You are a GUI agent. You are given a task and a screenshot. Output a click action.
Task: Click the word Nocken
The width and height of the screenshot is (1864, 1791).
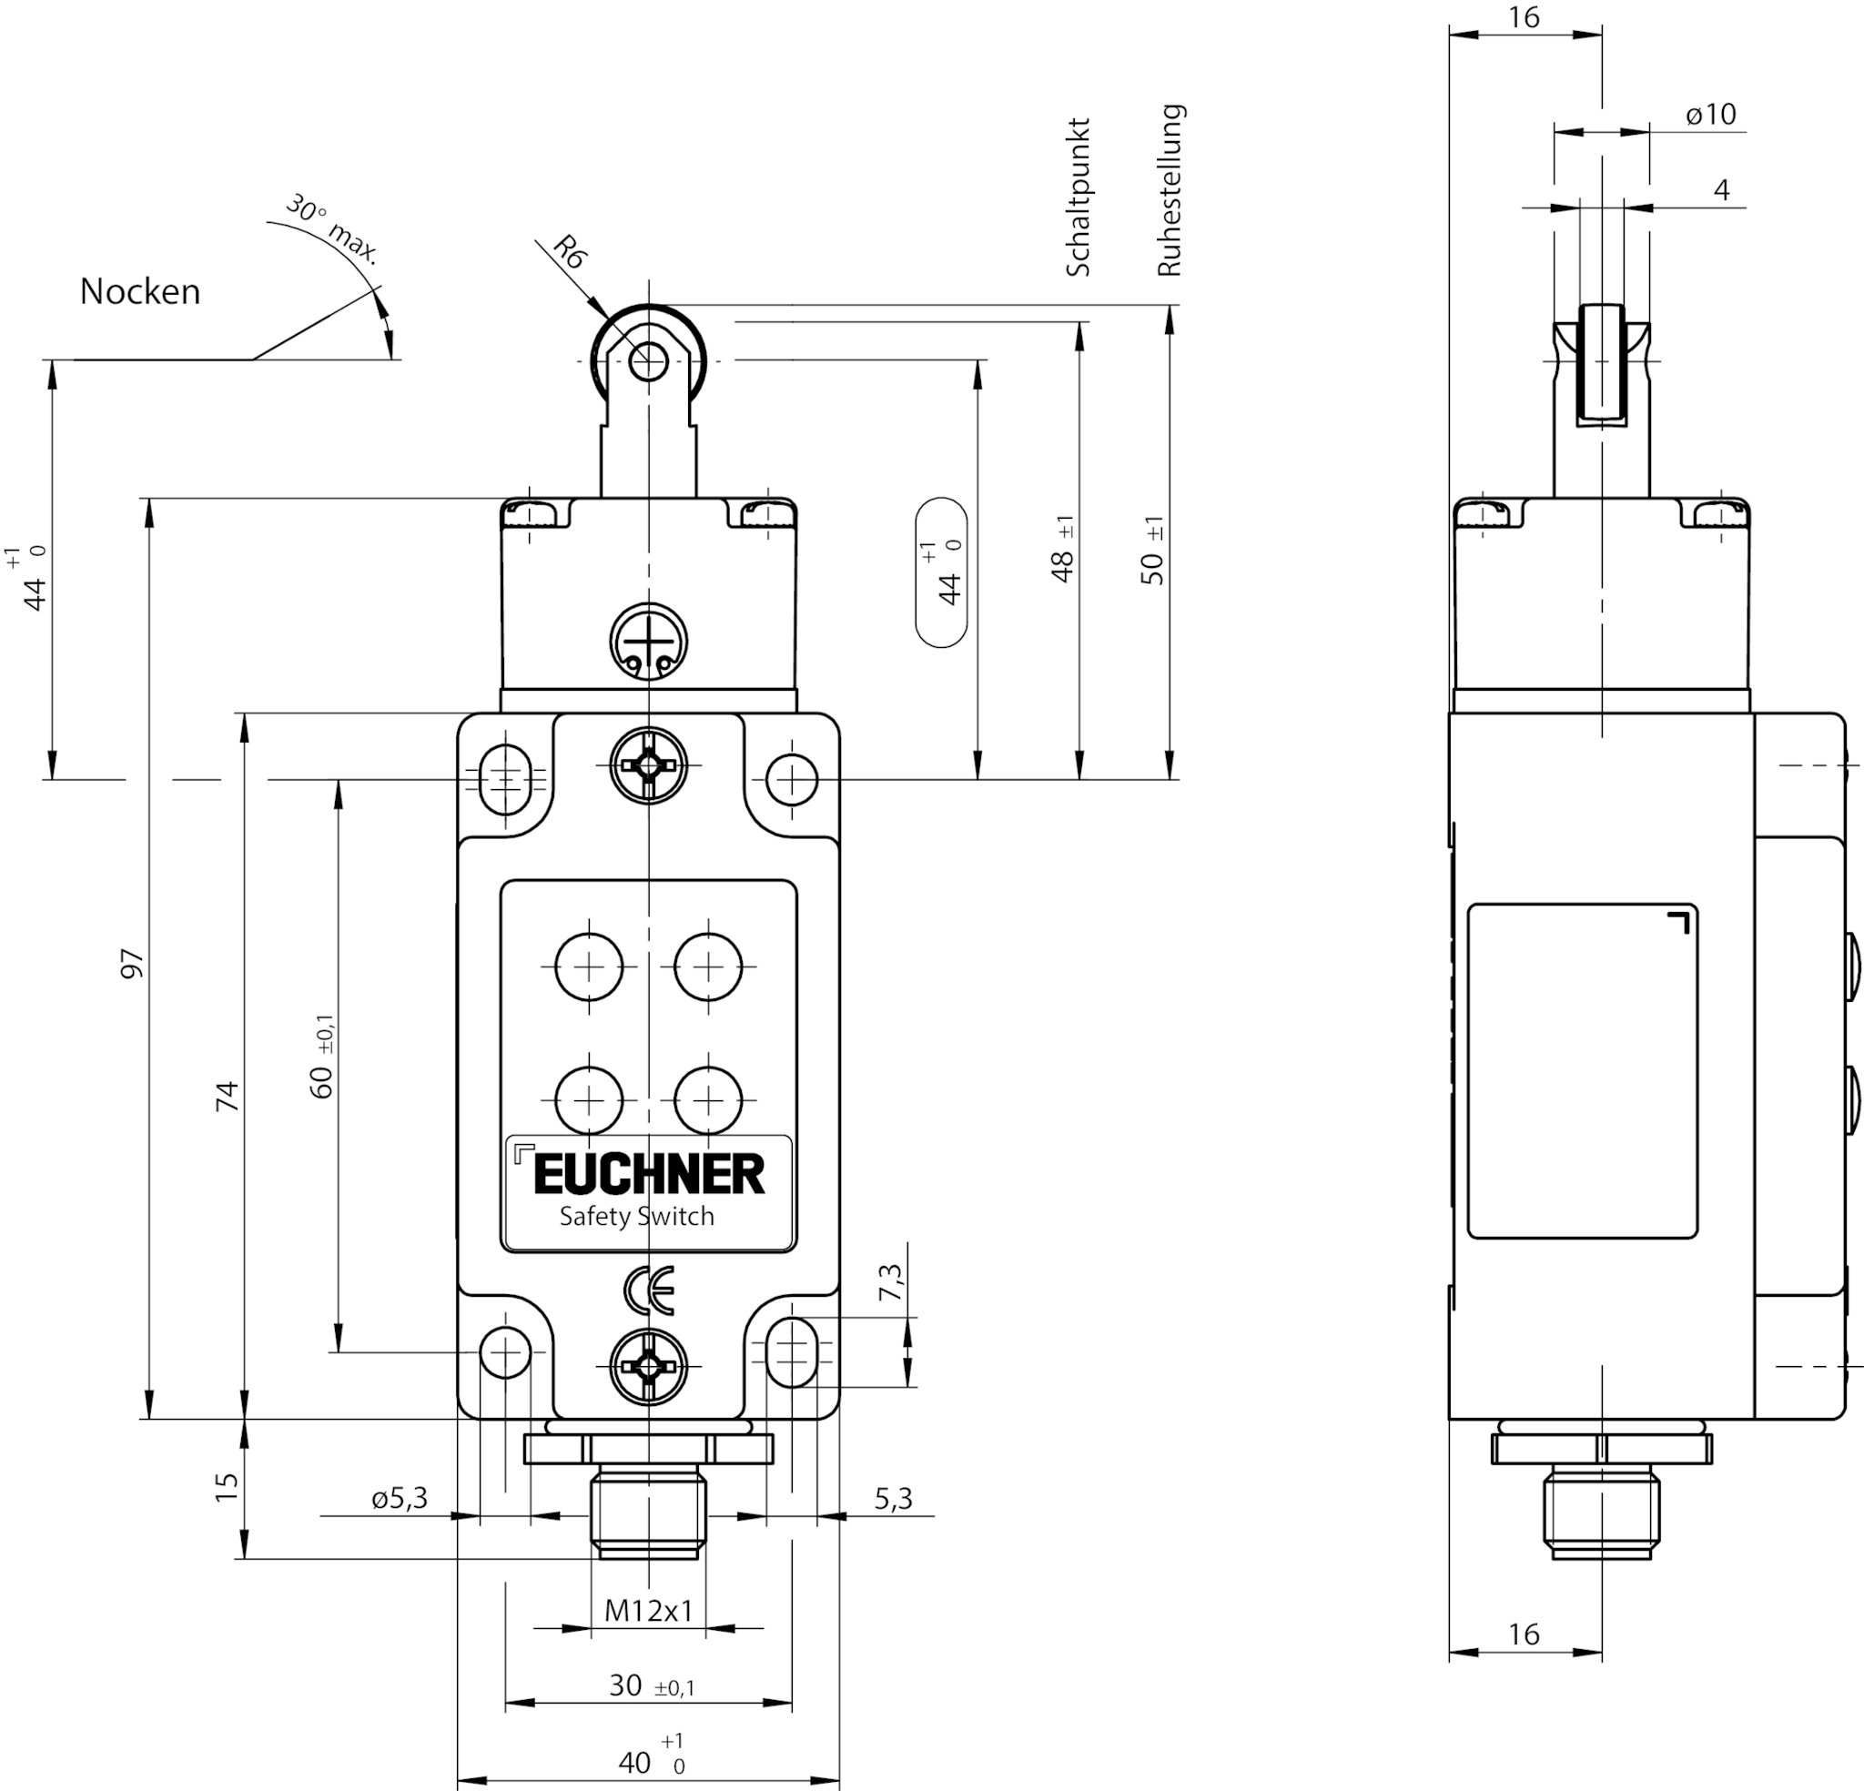tap(140, 291)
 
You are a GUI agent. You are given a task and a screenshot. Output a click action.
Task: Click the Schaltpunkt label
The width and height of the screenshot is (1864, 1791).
tap(1078, 197)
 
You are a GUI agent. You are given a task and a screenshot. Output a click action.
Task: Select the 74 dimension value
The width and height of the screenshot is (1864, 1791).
tap(227, 1096)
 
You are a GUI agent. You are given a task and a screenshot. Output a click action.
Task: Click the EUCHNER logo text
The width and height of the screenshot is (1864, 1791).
tap(649, 1175)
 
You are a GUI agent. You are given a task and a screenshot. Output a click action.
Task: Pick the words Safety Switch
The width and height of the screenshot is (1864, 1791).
tap(636, 1216)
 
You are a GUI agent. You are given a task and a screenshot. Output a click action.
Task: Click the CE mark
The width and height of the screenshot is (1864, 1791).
tap(649, 1290)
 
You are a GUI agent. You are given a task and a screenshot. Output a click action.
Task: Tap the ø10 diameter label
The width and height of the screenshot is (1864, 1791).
tap(1711, 114)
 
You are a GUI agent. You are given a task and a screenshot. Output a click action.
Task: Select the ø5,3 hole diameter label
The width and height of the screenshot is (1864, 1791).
tap(400, 1498)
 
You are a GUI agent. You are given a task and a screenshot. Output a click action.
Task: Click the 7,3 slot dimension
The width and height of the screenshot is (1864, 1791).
tap(891, 1283)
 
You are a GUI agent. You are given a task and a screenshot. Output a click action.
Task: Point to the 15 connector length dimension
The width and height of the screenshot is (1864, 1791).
tap(227, 1487)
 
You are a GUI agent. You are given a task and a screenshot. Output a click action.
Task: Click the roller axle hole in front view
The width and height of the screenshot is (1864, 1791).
tap(649, 360)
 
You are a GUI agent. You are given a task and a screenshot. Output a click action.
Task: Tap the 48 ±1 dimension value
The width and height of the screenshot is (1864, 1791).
tap(1064, 550)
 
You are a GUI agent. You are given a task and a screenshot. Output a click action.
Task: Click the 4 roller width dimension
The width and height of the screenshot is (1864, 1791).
tap(1721, 190)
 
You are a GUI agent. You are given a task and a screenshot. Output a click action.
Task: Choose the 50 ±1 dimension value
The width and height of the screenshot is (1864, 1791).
tap(1151, 551)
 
